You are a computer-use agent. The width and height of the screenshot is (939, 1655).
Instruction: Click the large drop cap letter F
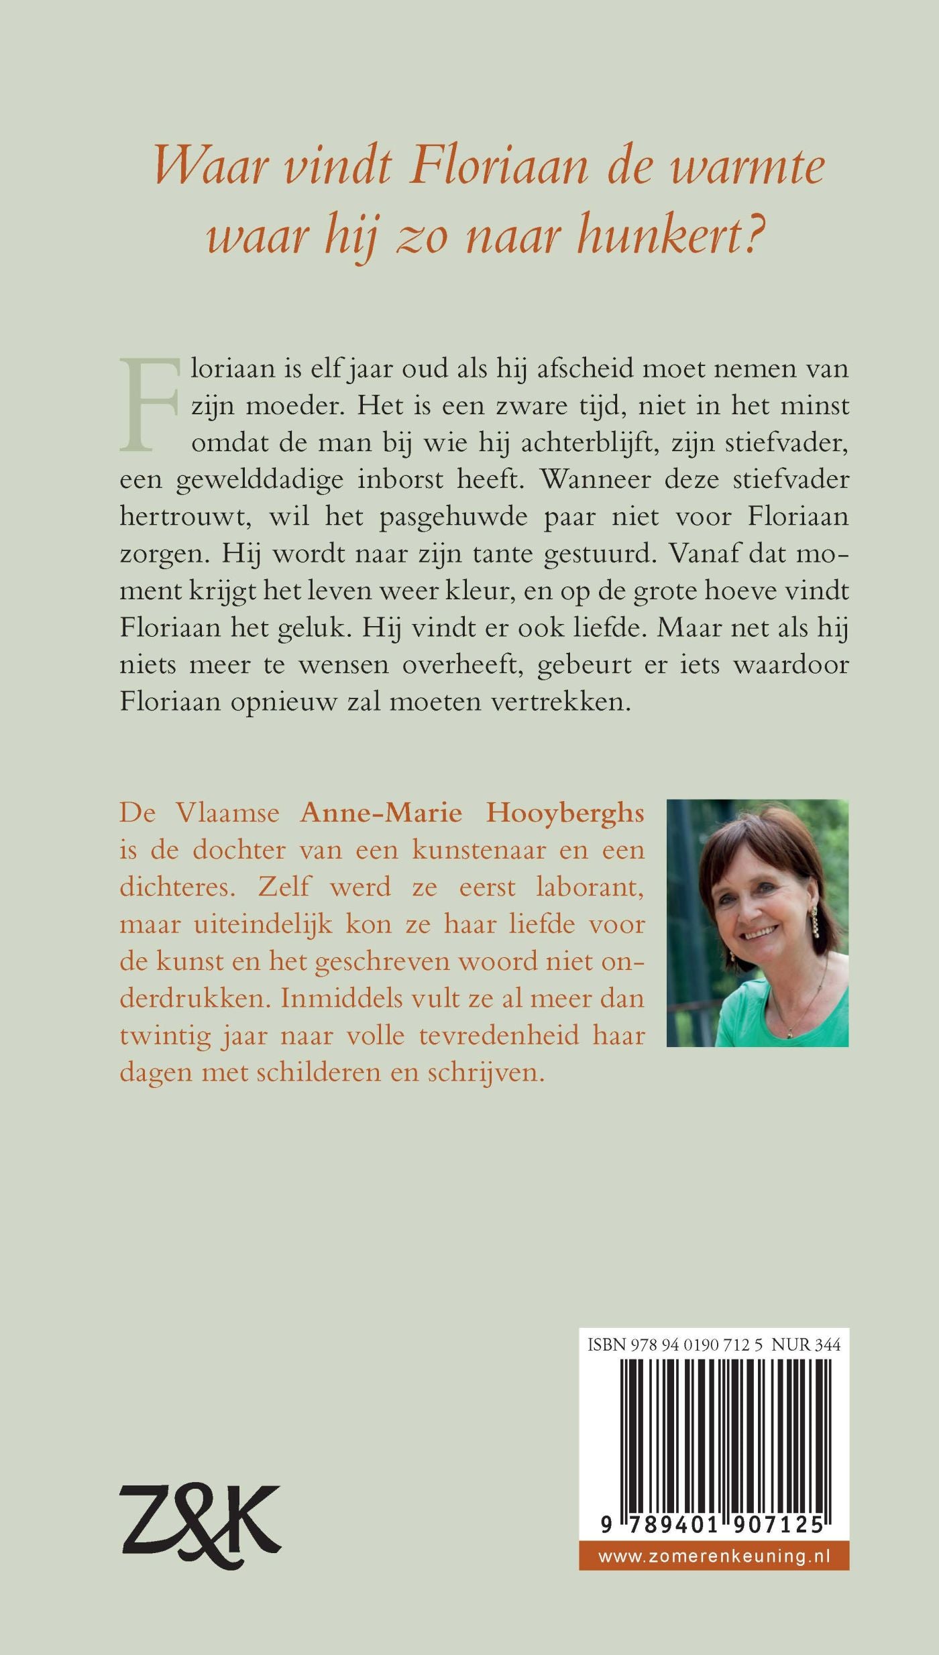149,404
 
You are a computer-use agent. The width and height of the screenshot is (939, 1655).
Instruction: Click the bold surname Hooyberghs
565,812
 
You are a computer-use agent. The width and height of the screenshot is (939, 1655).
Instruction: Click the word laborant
590,887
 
